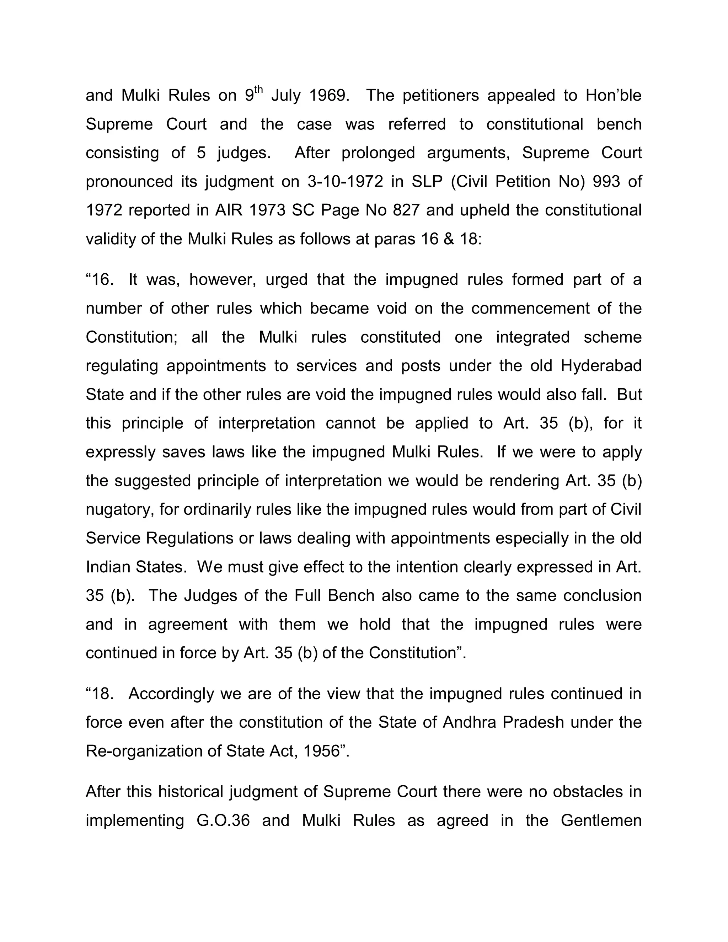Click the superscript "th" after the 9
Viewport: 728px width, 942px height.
coord(258,90)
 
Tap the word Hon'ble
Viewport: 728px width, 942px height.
coord(613,95)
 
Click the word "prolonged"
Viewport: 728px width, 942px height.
coord(378,153)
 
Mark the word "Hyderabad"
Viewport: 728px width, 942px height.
coord(601,366)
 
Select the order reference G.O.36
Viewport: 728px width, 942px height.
coord(223,820)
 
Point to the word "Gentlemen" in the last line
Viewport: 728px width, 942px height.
coord(601,820)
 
